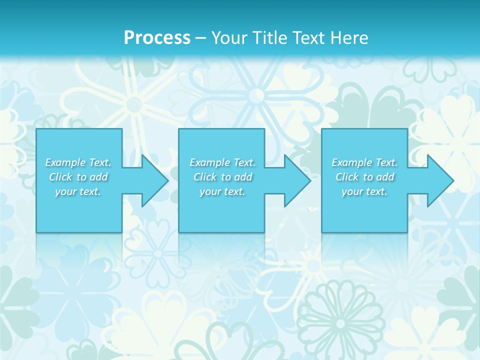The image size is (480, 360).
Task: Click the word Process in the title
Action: pyautogui.click(x=157, y=38)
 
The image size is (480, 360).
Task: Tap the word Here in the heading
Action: pyautogui.click(x=349, y=38)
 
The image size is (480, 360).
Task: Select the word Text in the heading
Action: pyautogui.click(x=309, y=38)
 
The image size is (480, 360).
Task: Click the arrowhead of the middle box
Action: pyautogui.click(x=296, y=180)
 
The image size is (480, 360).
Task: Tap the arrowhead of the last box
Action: pyautogui.click(x=439, y=180)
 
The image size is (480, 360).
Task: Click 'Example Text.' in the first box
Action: pyautogui.click(x=78, y=162)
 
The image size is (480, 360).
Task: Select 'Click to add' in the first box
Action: pyautogui.click(x=78, y=177)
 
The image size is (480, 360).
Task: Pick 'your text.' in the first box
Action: pyautogui.click(x=78, y=191)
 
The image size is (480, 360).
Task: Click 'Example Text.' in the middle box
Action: pyautogui.click(x=222, y=162)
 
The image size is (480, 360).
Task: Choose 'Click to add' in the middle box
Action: pyautogui.click(x=222, y=177)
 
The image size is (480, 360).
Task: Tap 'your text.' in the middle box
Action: pyautogui.click(x=222, y=191)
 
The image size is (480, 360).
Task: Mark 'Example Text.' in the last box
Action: pyautogui.click(x=364, y=162)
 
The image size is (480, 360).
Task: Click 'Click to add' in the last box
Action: pyautogui.click(x=364, y=177)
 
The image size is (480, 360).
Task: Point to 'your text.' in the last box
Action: pyautogui.click(x=364, y=191)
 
